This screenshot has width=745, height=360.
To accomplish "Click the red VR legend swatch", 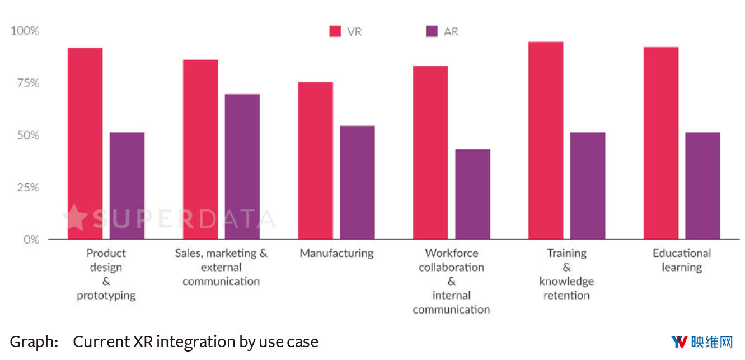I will [x=335, y=31].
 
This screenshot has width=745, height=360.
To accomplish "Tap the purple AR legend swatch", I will [x=432, y=31].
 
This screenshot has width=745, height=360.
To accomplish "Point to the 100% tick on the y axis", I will [x=25, y=30].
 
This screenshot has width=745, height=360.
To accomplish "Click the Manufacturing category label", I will [x=336, y=253].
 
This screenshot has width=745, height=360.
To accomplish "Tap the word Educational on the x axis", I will [x=681, y=253].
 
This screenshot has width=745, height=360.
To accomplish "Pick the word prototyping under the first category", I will [x=106, y=296].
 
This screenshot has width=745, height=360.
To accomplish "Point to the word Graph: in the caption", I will [x=34, y=342].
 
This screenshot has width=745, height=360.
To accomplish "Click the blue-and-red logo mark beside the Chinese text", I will [x=679, y=342].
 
